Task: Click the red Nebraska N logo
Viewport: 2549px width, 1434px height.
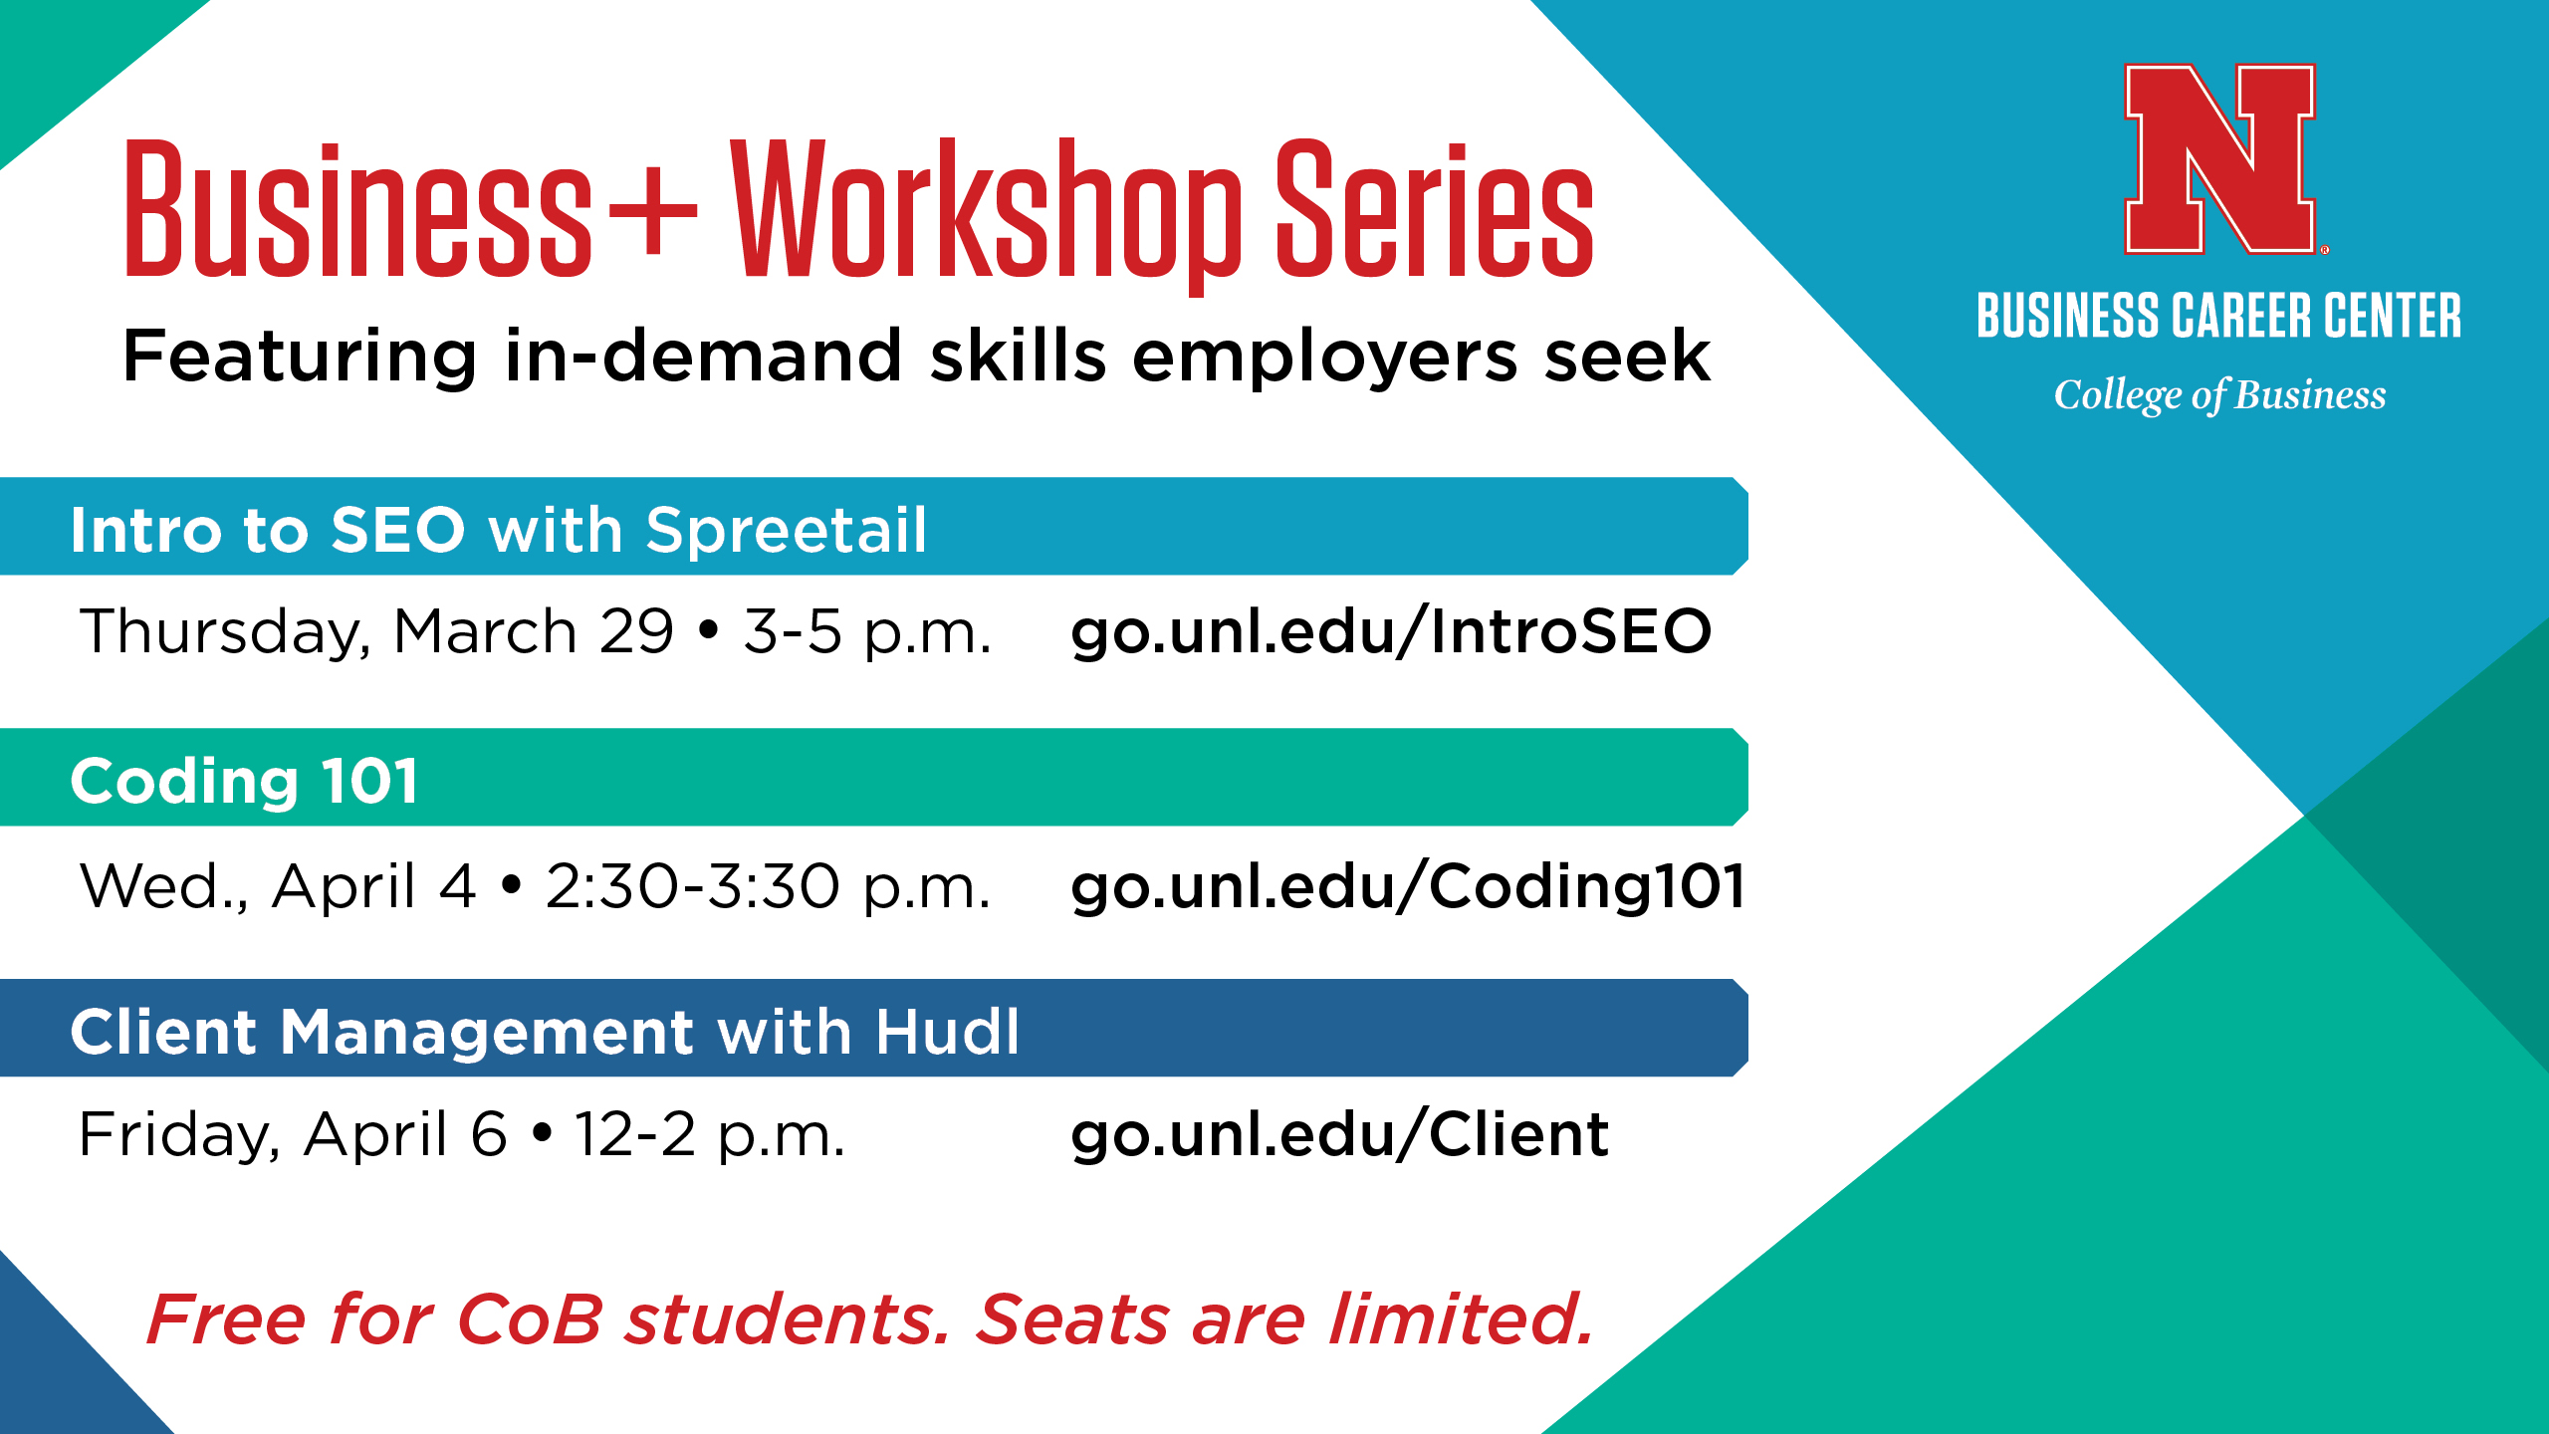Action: pyautogui.click(x=2221, y=159)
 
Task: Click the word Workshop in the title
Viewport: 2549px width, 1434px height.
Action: pyautogui.click(x=986, y=214)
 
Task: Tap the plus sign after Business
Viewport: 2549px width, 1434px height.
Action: pyautogui.click(x=652, y=211)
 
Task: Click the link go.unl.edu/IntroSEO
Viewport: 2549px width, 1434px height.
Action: pyautogui.click(x=1391, y=631)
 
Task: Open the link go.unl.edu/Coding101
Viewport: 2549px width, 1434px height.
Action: pyautogui.click(x=1408, y=886)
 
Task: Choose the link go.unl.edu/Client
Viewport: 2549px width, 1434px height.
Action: pyautogui.click(x=1339, y=1135)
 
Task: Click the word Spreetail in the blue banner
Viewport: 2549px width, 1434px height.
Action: pyautogui.click(x=787, y=530)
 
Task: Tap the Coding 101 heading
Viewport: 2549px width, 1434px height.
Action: pyautogui.click(x=244, y=783)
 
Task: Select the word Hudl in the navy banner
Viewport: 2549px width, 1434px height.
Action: pyautogui.click(x=947, y=1031)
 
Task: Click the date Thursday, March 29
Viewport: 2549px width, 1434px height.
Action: pyautogui.click(x=377, y=633)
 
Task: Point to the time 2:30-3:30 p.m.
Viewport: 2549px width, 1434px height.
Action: pyautogui.click(x=768, y=886)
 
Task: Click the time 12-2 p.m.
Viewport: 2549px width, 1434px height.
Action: pyautogui.click(x=709, y=1135)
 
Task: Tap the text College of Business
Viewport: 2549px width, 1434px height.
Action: pyautogui.click(x=2220, y=395)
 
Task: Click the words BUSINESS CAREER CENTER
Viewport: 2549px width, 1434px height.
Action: pyautogui.click(x=2218, y=316)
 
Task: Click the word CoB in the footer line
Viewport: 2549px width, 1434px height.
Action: pyautogui.click(x=530, y=1319)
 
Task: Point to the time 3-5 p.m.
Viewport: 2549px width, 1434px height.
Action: pyautogui.click(x=867, y=633)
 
